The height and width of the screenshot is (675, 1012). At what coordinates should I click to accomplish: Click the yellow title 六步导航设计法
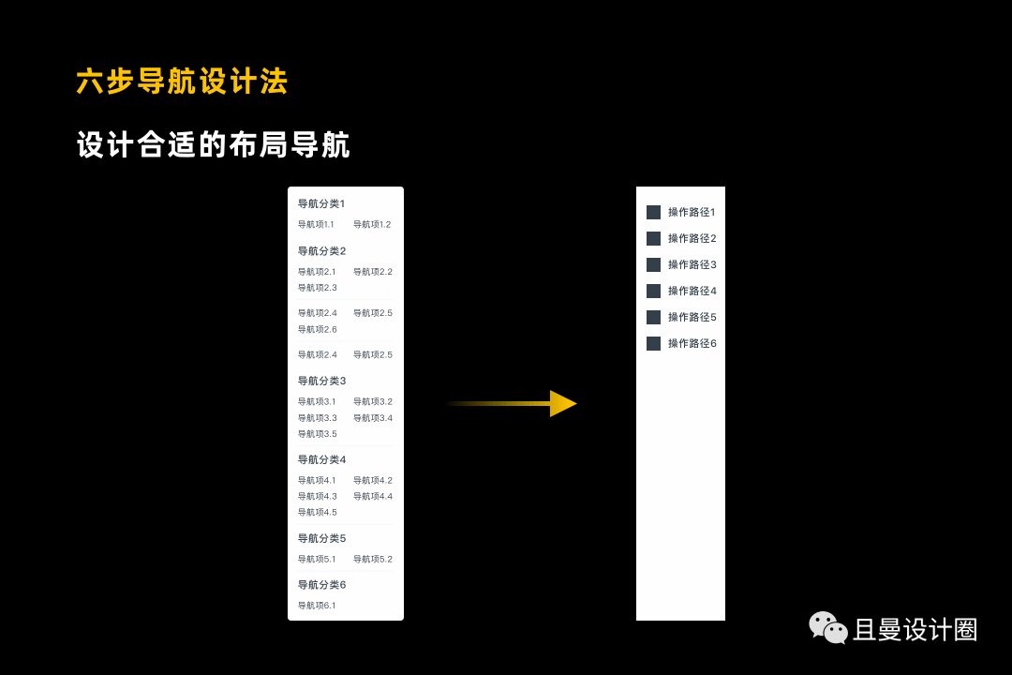tap(182, 82)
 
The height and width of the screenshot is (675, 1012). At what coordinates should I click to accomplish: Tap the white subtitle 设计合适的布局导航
tap(214, 145)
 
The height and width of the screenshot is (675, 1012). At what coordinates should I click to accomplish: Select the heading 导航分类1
tap(321, 203)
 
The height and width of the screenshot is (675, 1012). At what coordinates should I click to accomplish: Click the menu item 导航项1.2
tap(372, 225)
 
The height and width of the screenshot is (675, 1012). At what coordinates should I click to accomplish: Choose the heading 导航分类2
tap(321, 251)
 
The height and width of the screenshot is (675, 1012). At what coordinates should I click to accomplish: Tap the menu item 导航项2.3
tap(317, 288)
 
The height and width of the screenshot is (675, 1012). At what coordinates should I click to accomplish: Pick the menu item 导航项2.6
tap(317, 330)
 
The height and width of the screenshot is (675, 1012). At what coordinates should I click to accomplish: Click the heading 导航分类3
tap(321, 381)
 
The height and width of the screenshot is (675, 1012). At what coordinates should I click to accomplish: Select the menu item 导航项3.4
tap(372, 418)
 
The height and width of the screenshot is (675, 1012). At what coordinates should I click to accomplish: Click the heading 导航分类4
tap(321, 459)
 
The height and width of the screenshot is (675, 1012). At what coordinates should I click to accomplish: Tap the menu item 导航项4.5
tap(317, 513)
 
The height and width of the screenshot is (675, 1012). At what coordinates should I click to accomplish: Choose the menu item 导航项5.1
tap(317, 560)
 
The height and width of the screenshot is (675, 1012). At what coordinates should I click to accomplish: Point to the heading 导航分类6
tap(321, 585)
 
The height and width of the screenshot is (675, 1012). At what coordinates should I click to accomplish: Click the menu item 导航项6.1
tap(317, 606)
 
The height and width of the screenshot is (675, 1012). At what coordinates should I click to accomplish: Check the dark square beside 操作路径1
tap(653, 213)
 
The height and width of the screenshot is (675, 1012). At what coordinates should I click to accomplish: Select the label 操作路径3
tap(692, 265)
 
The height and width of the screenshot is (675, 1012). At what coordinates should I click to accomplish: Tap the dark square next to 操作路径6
tap(653, 344)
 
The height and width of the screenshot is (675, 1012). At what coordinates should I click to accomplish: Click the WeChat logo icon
tap(828, 628)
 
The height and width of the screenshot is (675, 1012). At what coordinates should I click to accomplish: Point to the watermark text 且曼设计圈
tap(915, 630)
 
